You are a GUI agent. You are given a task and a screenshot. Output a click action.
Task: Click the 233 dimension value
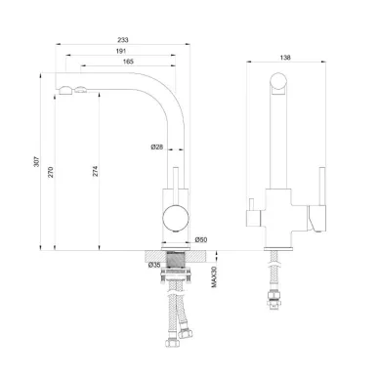point(123,40)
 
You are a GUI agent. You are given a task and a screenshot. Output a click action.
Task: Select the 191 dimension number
point(121,51)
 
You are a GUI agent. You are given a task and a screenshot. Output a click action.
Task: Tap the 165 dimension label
point(128,62)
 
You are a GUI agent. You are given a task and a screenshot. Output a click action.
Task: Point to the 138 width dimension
point(285,58)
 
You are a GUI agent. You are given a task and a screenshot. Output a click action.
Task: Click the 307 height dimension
point(37,162)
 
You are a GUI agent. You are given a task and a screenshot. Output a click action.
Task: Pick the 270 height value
point(51,172)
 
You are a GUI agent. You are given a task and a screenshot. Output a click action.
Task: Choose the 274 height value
point(95,171)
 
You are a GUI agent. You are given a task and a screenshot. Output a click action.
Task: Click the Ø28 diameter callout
point(157,147)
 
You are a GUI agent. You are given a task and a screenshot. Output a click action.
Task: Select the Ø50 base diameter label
point(201,240)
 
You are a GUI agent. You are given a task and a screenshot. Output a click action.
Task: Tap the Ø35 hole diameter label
point(154,265)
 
